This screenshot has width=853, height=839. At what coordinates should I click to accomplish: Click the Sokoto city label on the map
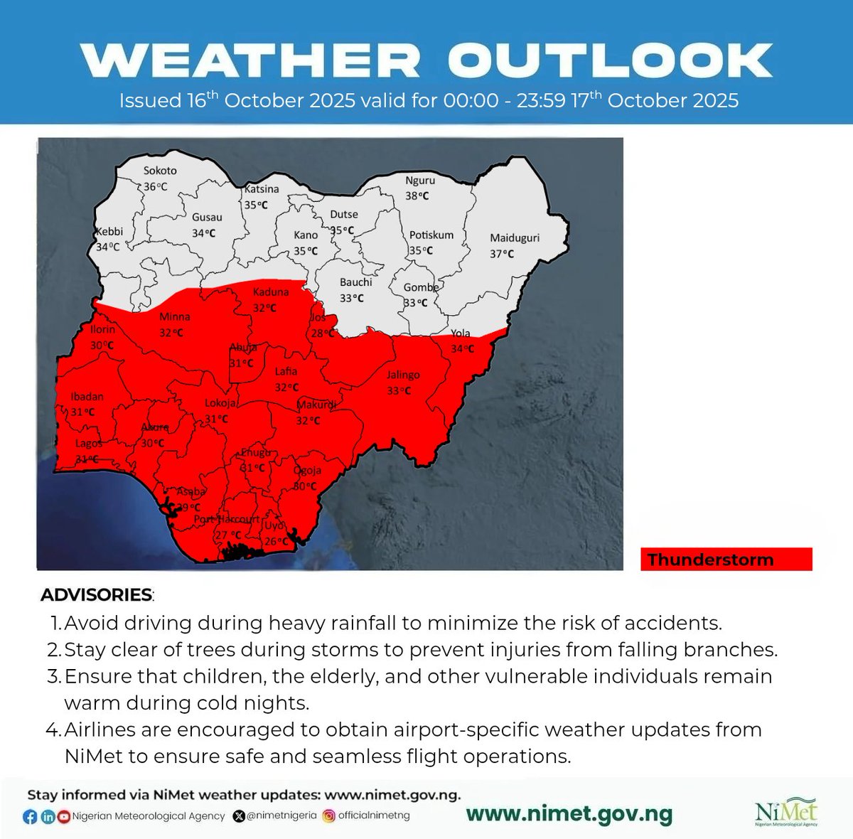coord(160,171)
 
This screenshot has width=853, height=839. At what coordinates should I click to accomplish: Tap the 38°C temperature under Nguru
coord(417,196)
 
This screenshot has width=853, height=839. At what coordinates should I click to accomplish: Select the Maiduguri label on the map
coord(515,237)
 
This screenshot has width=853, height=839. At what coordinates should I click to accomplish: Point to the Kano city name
coord(306,235)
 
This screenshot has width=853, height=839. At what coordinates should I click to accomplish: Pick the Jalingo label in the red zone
coord(403,375)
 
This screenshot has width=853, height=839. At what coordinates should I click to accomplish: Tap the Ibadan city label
coord(87,397)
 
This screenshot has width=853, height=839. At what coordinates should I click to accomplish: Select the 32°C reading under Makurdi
coord(308,420)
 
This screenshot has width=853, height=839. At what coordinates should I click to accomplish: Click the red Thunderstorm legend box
coord(726,560)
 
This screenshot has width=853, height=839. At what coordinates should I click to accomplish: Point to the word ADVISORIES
coord(97,594)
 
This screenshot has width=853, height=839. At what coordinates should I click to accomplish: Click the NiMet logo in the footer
coord(786,813)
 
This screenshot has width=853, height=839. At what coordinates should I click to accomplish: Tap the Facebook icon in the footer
coord(30,816)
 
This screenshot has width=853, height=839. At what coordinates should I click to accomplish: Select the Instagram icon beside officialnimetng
coord(328,816)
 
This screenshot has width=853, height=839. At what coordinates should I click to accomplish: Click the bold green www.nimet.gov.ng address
coord(569,815)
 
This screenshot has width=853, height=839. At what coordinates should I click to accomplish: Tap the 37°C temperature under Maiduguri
coord(502,254)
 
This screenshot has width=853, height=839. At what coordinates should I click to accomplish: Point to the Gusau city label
coord(207,218)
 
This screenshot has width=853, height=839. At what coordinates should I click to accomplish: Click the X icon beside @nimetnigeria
coord(239,816)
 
